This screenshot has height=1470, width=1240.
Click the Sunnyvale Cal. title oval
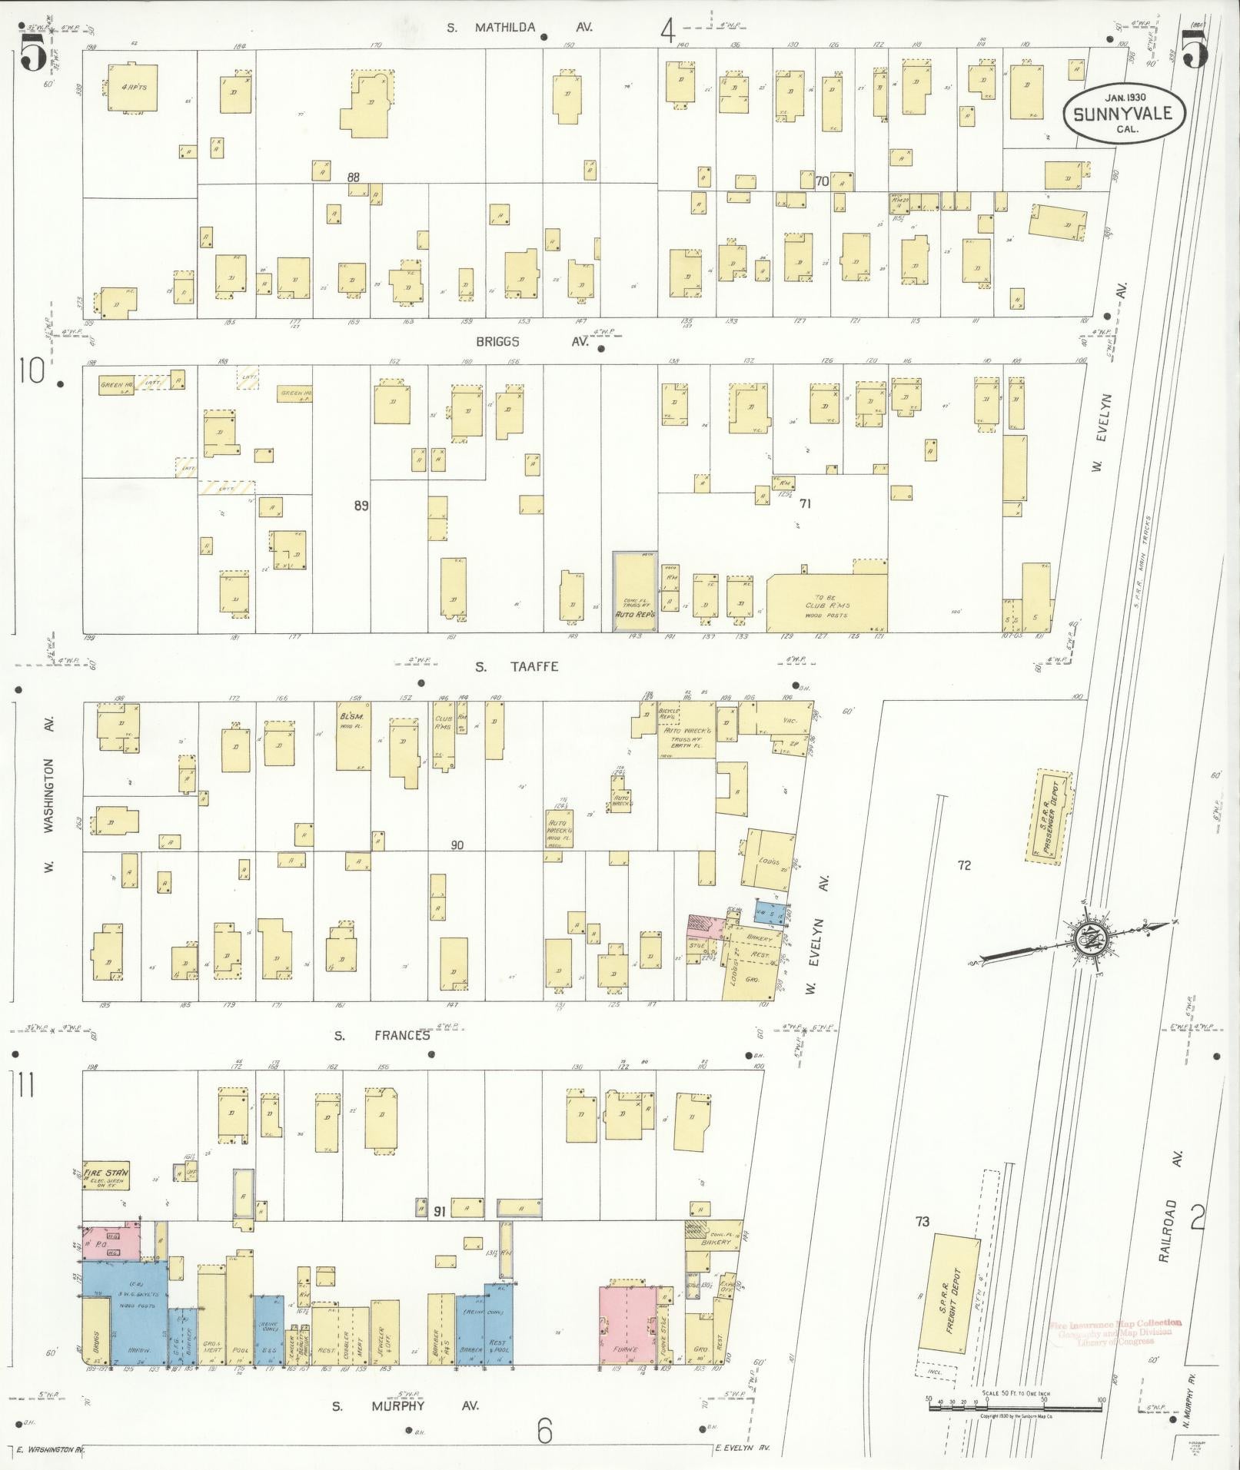(x=1122, y=113)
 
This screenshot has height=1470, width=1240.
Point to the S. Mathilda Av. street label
(x=521, y=28)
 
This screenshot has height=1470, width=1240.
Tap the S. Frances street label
(x=381, y=1035)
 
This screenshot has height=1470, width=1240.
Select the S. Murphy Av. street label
(x=405, y=1405)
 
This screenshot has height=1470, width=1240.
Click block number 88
(x=353, y=177)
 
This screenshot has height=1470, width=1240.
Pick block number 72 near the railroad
(x=964, y=865)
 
